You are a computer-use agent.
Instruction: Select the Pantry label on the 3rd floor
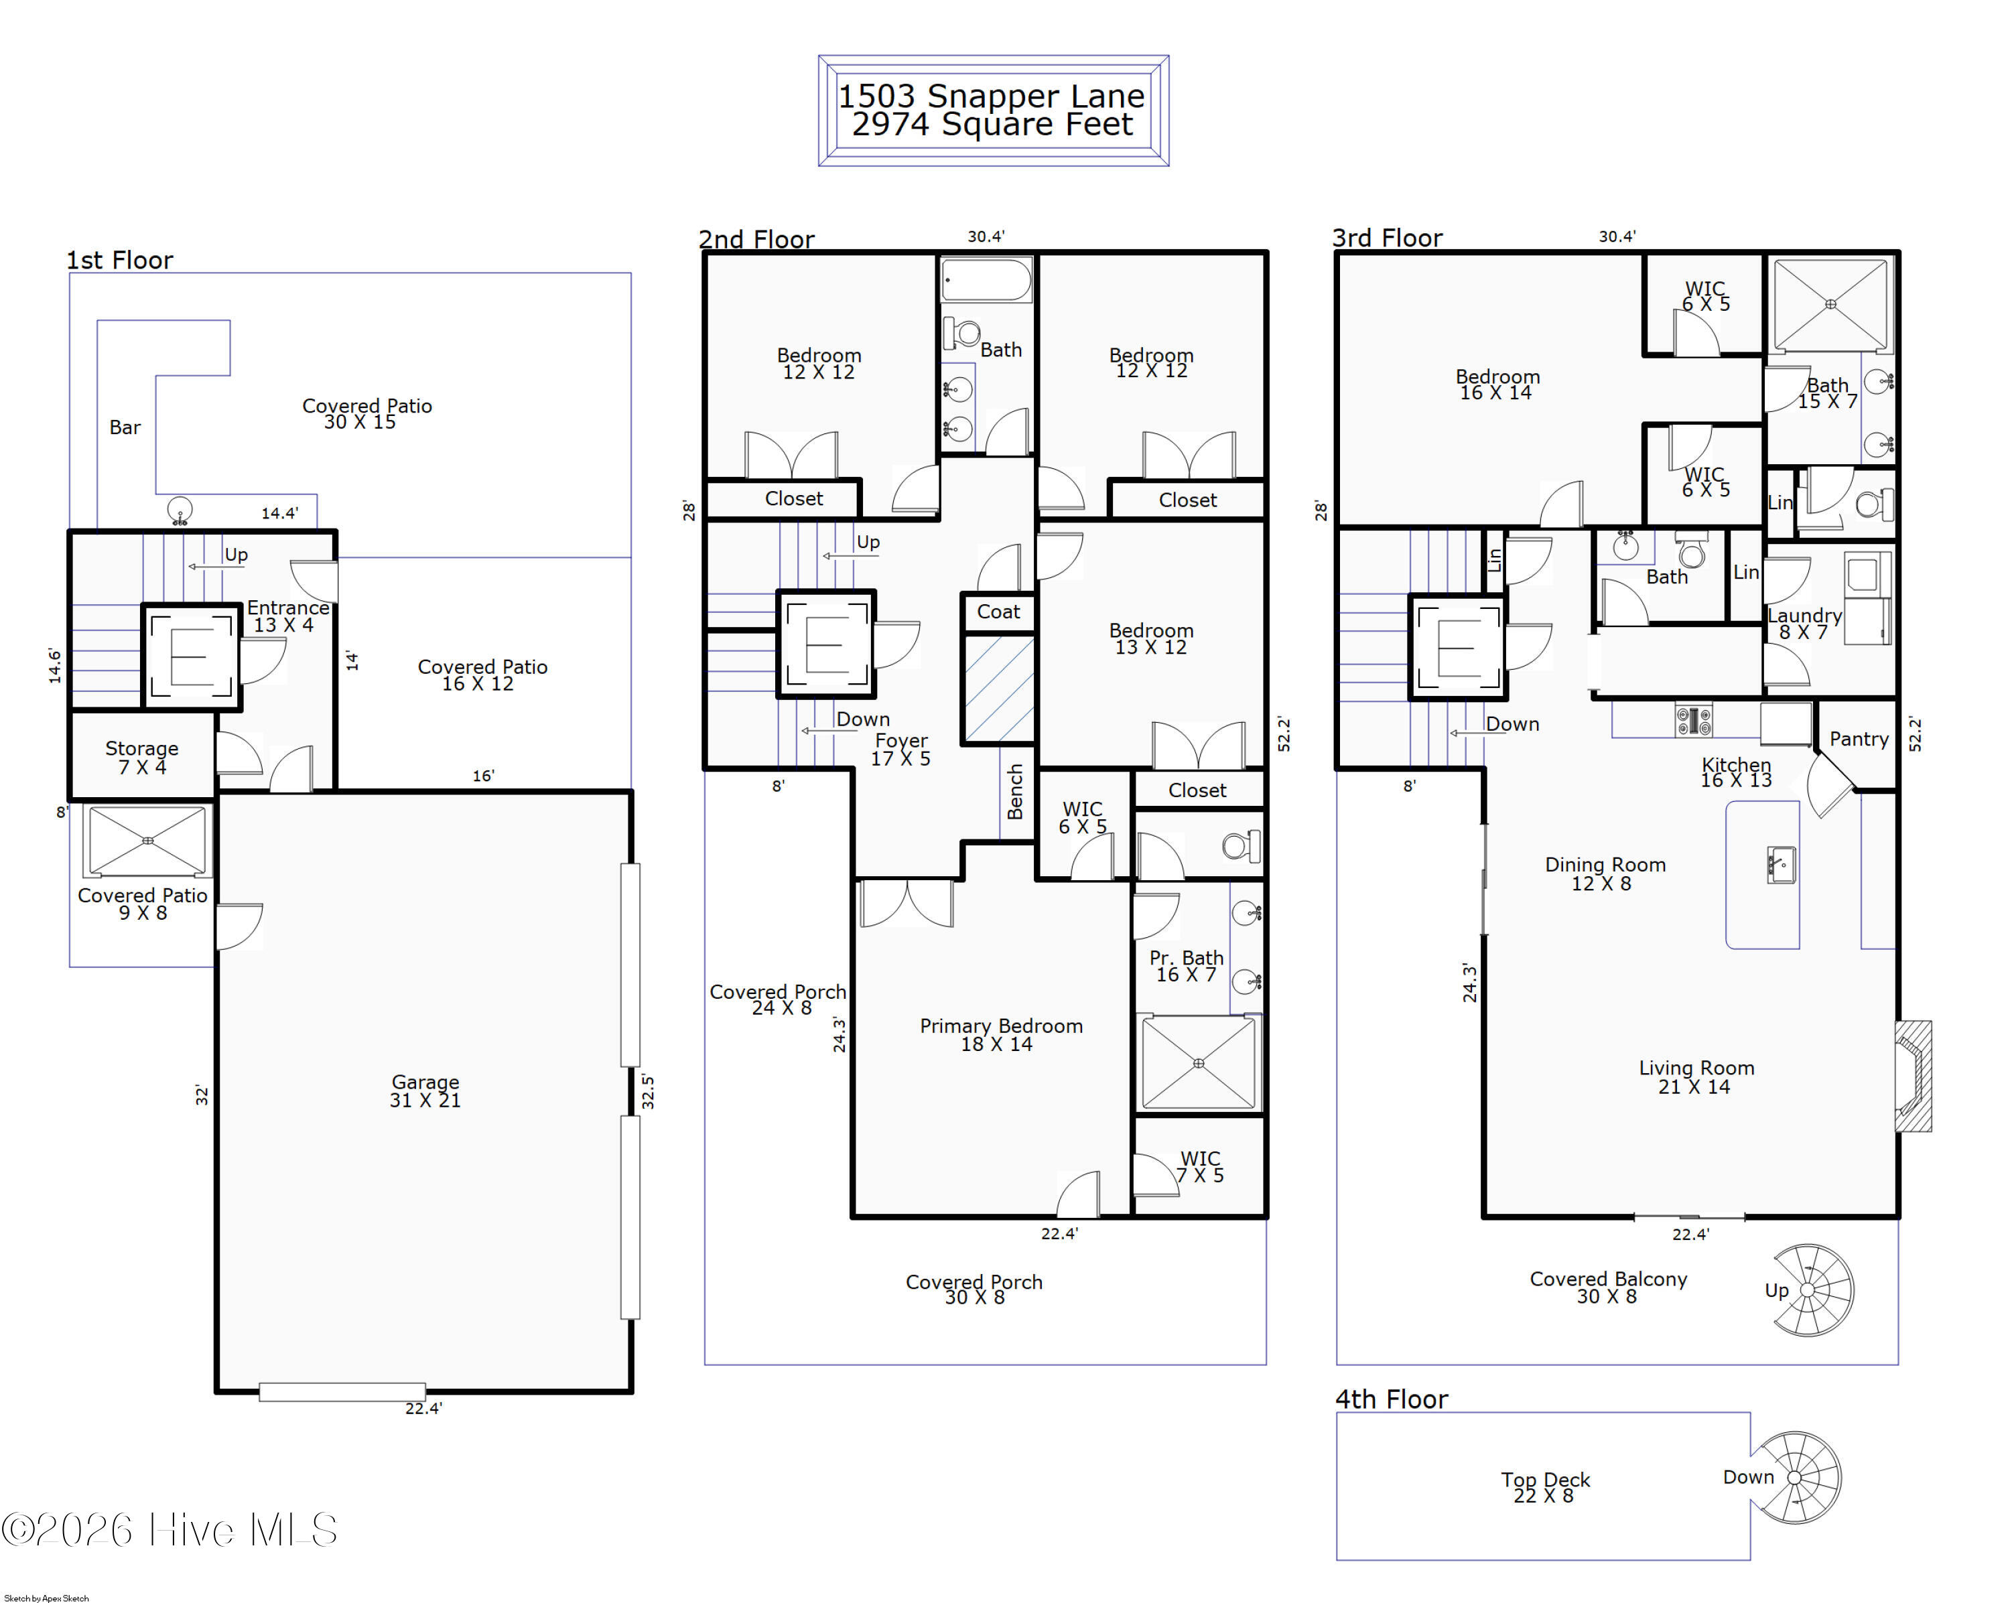[1858, 739]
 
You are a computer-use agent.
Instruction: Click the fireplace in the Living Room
[1912, 1076]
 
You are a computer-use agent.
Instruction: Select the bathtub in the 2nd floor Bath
[986, 279]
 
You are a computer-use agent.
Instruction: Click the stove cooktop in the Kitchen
[1693, 720]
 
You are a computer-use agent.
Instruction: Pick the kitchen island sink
[1781, 865]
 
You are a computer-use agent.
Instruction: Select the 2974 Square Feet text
[992, 124]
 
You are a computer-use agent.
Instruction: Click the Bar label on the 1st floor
[125, 428]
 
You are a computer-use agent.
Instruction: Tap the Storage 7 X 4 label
[142, 758]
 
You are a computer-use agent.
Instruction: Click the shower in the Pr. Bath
[1198, 1062]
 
